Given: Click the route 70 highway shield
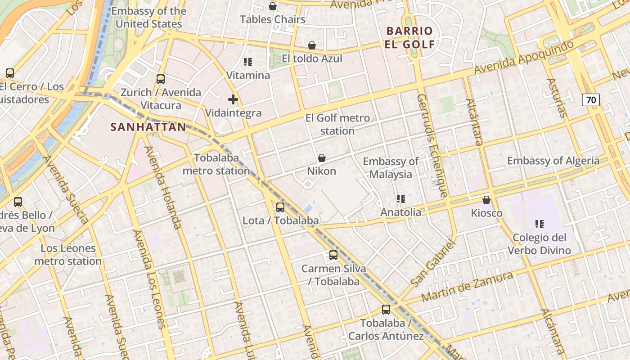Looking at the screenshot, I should tap(591, 99).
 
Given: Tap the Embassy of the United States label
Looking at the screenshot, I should tap(149, 18).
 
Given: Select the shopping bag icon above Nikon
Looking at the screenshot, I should tap(322, 158).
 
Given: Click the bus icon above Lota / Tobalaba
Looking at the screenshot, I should tap(280, 207).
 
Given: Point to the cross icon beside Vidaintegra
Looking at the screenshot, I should tap(233, 99).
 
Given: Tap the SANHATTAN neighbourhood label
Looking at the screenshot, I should tap(148, 127).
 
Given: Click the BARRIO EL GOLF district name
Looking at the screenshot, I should tap(409, 37).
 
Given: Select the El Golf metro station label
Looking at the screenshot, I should tap(337, 125).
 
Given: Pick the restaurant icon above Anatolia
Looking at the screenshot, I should tap(400, 199).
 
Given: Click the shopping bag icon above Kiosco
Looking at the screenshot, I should tap(486, 200).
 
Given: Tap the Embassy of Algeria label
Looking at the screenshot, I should tap(553, 161).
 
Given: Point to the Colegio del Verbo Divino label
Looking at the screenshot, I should tap(539, 244).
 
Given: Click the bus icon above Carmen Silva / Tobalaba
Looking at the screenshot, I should tap(333, 255).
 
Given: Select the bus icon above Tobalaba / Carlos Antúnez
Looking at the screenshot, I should tap(386, 310).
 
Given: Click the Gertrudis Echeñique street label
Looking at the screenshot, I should tap(432, 146).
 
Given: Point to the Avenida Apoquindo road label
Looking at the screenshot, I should tap(524, 58).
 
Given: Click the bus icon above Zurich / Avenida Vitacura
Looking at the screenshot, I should tap(161, 79).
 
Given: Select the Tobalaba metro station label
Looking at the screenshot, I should tap(216, 164).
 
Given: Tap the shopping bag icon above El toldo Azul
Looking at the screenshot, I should tap(311, 45).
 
